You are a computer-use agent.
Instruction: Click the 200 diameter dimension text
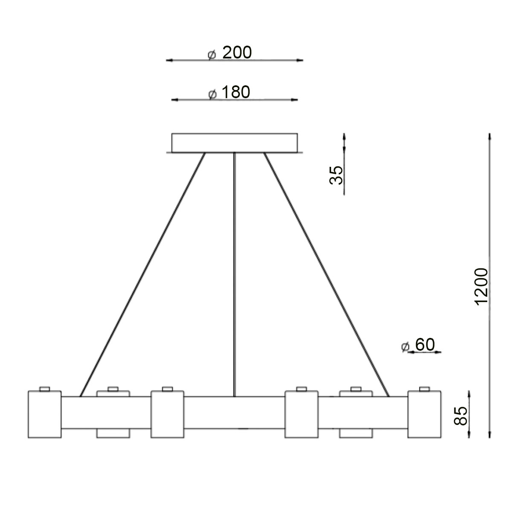[x=237, y=52]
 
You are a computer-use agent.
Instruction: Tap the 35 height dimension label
[x=337, y=175]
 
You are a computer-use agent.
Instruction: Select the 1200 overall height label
[x=481, y=286]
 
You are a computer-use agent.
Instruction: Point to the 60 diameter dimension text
[x=425, y=344]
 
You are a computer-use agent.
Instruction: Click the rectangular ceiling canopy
[x=234, y=143]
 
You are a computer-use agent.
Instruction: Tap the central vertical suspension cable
[x=234, y=273]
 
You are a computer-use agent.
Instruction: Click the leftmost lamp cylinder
[x=44, y=414]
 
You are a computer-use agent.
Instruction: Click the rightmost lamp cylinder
[x=424, y=414]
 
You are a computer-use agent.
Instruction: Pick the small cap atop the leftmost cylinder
[x=44, y=388]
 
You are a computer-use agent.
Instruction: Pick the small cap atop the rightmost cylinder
[x=424, y=388]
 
